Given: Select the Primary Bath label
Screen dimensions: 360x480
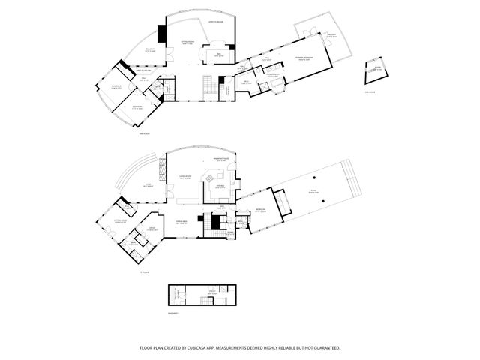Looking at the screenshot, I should click(273, 75).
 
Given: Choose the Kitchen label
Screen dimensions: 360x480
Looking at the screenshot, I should click(221, 187).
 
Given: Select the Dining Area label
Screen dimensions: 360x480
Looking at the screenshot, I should click(181, 222).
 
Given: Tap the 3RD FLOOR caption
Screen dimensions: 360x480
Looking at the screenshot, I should click(369, 91).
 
